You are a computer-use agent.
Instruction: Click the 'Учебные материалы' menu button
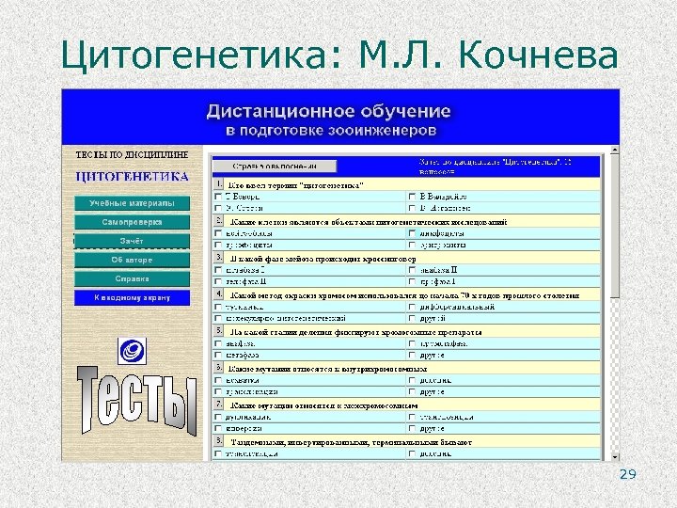[x=132, y=203]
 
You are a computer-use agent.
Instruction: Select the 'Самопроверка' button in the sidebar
[x=132, y=222]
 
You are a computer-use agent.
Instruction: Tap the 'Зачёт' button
[x=132, y=241]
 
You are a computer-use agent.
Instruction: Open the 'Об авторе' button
[x=132, y=260]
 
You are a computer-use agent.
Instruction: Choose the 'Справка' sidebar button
[x=132, y=278]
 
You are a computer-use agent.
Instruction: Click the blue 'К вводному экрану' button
[x=132, y=297]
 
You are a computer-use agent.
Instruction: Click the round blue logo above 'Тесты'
[x=131, y=351]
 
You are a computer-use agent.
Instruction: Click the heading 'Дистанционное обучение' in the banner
[x=328, y=111]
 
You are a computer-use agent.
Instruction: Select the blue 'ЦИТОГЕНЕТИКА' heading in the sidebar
[x=132, y=177]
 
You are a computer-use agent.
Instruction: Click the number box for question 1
[x=218, y=184]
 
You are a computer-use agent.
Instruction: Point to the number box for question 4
[x=218, y=294]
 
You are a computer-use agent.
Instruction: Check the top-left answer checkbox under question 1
[x=218, y=197]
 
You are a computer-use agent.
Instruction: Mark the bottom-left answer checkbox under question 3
[x=218, y=281]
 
